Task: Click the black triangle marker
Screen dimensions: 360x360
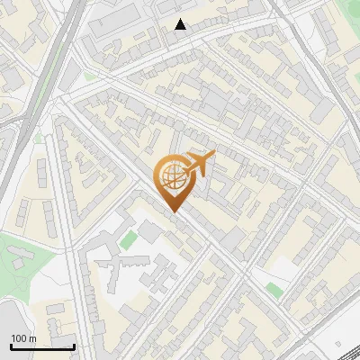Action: point(181,24)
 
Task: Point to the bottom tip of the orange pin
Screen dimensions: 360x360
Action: point(173,212)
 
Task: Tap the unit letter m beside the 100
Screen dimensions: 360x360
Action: point(33,338)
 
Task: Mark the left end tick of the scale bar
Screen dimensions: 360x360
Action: point(11,346)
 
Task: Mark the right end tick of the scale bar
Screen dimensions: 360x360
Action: point(74,346)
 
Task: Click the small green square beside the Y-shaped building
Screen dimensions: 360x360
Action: point(130,239)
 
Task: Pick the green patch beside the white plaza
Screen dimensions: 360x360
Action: point(274,289)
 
